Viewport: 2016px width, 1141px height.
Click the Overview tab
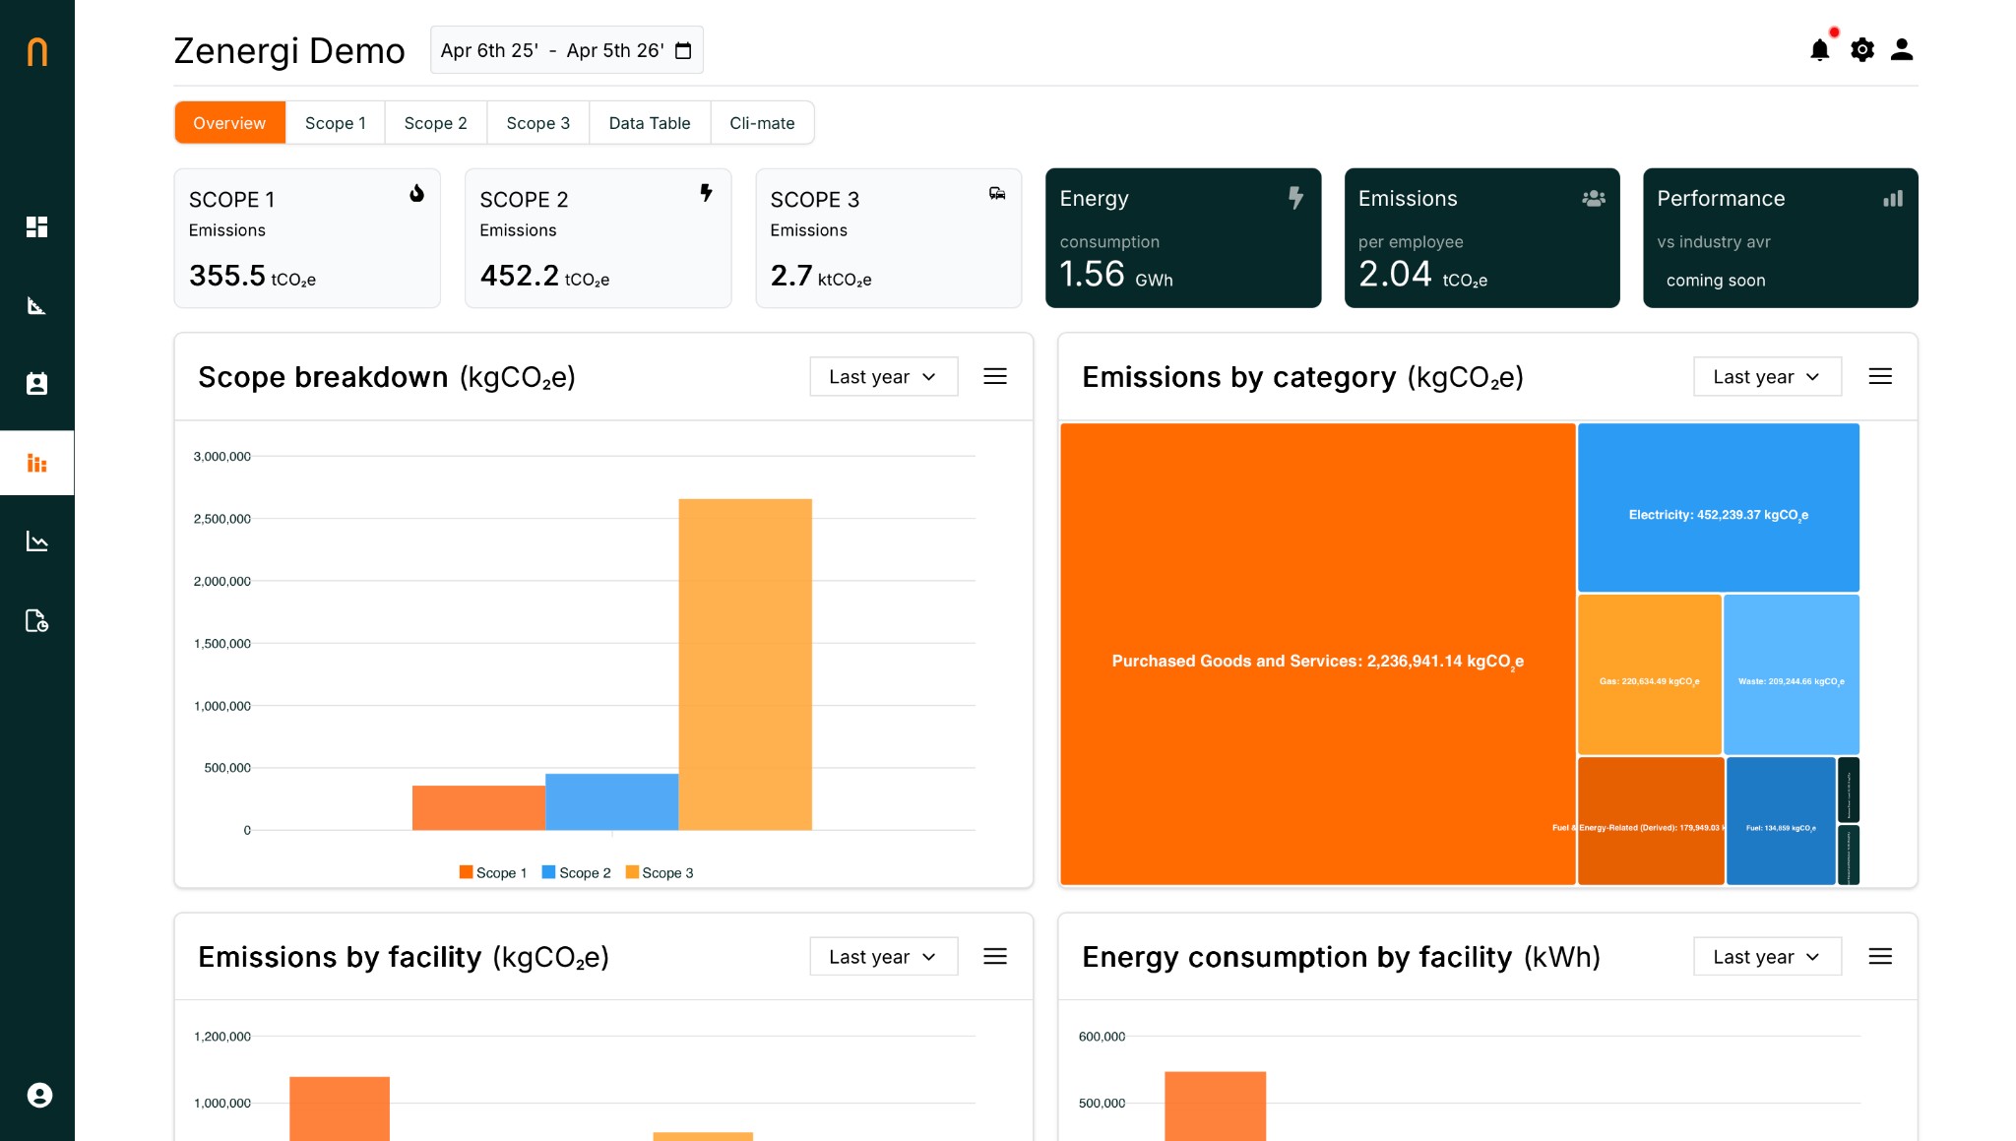tap(229, 123)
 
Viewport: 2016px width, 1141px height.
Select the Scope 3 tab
tap(537, 123)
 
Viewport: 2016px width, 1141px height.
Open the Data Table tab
tap(649, 123)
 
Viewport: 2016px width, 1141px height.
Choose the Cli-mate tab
tap(761, 123)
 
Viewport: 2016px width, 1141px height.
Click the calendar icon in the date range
tap(683, 51)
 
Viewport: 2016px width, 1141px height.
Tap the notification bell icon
tap(1819, 50)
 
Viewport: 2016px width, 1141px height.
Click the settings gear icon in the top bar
tap(1861, 50)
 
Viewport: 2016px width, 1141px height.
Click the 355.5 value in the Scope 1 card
tap(227, 276)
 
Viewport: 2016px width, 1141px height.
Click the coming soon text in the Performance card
tap(1715, 281)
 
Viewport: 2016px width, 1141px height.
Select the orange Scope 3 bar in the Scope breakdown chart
tap(744, 664)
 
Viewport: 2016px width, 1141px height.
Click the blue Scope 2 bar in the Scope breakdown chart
tap(611, 801)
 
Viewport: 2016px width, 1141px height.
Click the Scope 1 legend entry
tap(493, 873)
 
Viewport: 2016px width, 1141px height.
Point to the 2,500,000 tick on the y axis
tap(222, 519)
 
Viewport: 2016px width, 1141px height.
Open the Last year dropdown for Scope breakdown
tap(883, 377)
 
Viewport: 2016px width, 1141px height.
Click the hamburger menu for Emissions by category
tap(1879, 377)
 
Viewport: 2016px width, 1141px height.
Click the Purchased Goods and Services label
tap(1317, 662)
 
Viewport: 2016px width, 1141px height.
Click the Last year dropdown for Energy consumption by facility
tap(1766, 957)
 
